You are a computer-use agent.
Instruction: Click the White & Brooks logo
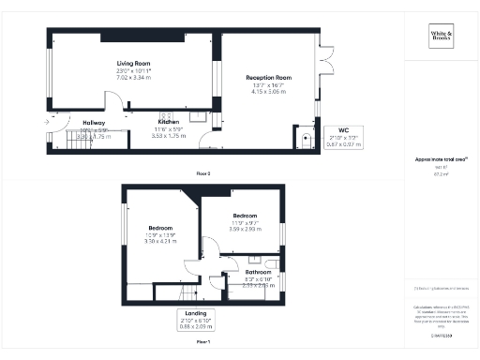[440, 38]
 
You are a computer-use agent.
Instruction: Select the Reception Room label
[269, 78]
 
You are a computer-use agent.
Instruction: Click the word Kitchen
[169, 122]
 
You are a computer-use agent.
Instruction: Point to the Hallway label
[93, 123]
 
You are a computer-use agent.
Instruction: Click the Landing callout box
[197, 318]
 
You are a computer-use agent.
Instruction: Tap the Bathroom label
[258, 272]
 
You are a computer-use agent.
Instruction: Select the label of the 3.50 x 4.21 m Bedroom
[161, 228]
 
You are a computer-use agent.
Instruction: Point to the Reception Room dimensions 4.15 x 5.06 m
[269, 92]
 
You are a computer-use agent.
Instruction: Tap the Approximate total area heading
[439, 160]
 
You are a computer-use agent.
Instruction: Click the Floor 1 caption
[202, 341]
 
